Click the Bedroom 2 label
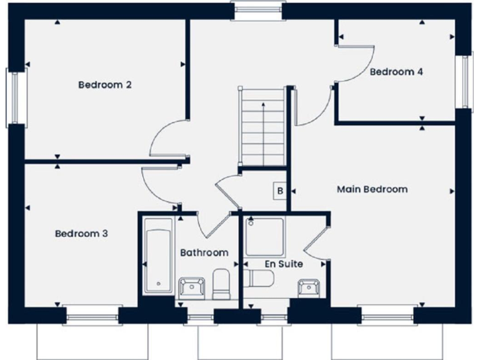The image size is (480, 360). click(104, 84)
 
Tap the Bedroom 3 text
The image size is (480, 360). click(81, 234)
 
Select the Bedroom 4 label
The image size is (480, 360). click(396, 72)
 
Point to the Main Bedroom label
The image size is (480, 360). click(372, 189)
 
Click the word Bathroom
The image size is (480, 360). click(204, 252)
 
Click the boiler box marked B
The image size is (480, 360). click(280, 191)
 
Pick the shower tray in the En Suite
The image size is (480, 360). click(265, 237)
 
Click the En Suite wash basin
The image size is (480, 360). click(309, 288)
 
